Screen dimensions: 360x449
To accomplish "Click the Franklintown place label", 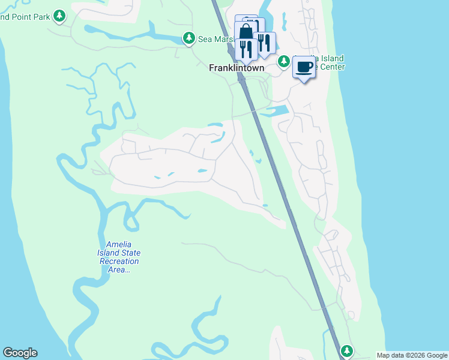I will tap(236, 68).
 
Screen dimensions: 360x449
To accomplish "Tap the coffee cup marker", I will tap(304, 67).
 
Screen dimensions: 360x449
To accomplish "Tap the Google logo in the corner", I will tap(20, 353).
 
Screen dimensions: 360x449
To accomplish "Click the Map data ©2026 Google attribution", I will tap(411, 355).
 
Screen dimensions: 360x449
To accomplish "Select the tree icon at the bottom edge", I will tap(346, 350).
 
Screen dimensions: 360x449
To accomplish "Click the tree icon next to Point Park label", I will tap(59, 16).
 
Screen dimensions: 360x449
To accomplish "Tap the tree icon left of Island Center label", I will tap(284, 61).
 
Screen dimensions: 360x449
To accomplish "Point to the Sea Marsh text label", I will tap(215, 39).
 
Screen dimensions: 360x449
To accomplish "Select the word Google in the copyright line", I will tap(433, 355).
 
